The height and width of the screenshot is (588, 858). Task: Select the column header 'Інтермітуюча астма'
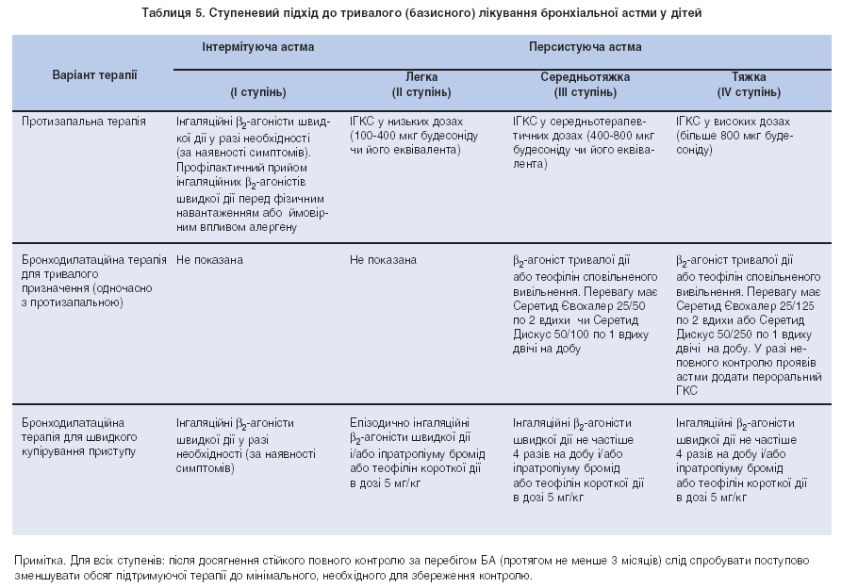click(256, 46)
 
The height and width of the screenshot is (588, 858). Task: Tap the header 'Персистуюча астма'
click(585, 46)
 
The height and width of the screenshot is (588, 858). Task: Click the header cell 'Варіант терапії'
click(94, 73)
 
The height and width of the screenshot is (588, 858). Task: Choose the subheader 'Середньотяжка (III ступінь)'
click(585, 84)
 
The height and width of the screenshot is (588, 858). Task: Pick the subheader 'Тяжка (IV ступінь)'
click(749, 84)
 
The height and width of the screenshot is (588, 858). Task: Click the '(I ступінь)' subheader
click(257, 92)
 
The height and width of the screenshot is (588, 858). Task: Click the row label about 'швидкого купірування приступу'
click(80, 437)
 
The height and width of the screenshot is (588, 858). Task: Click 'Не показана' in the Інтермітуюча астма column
click(209, 260)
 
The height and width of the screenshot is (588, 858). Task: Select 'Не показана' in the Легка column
click(382, 260)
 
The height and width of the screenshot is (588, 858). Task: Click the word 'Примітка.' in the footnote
click(39, 560)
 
